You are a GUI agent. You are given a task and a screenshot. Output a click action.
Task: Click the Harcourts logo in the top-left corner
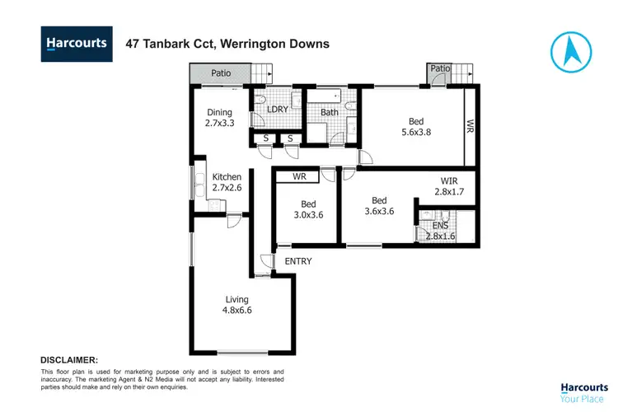click(x=76, y=44)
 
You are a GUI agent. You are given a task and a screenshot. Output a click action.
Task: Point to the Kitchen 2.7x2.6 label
click(x=227, y=182)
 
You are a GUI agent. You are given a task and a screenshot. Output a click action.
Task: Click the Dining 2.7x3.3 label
click(x=219, y=118)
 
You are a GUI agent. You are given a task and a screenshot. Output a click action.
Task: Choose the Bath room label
click(x=330, y=112)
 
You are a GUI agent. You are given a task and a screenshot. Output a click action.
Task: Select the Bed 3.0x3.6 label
click(x=308, y=209)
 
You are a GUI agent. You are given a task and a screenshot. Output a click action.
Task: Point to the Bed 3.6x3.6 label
click(x=379, y=206)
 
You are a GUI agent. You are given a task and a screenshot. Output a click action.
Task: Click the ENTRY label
click(x=297, y=261)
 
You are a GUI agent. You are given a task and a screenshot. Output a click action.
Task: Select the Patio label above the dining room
click(x=219, y=73)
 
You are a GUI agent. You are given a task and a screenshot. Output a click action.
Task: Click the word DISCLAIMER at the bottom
click(x=69, y=360)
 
